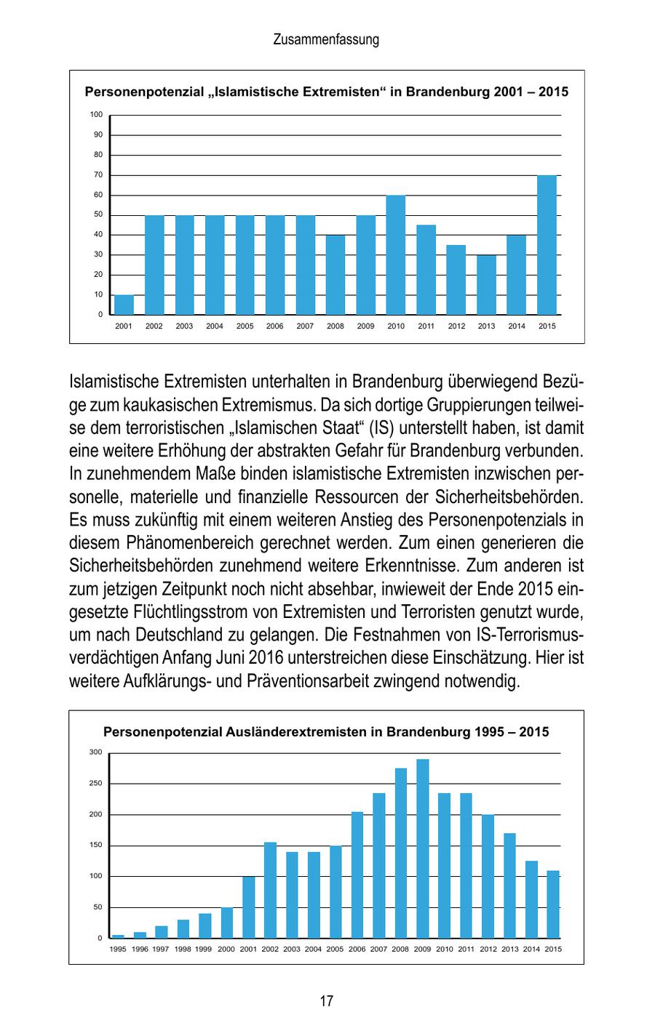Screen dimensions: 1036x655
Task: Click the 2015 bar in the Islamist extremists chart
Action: [x=547, y=245]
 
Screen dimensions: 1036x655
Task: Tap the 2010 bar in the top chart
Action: [x=396, y=255]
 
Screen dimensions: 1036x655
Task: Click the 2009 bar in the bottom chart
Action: [x=423, y=848]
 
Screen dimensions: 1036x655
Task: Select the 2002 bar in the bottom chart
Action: [x=270, y=890]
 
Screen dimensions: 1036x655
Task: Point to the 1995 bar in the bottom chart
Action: [x=118, y=936]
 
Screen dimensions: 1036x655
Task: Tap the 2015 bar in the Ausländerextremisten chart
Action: [x=553, y=904]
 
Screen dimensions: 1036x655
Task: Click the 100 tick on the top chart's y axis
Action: [x=96, y=115]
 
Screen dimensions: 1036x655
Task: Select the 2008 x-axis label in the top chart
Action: [x=336, y=326]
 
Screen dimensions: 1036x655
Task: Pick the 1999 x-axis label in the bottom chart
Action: [x=205, y=949]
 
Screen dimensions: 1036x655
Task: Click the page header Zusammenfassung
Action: [x=326, y=40]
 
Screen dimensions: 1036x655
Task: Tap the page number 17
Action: [x=326, y=1001]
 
